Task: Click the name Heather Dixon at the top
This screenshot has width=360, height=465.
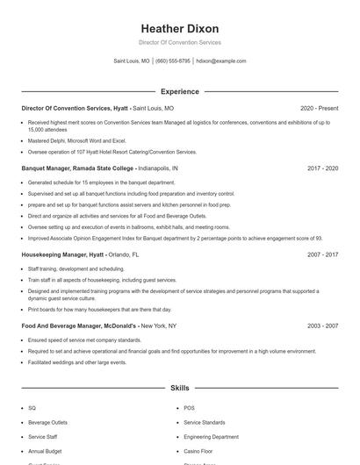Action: [x=179, y=28]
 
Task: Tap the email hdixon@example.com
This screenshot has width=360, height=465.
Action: [x=221, y=61]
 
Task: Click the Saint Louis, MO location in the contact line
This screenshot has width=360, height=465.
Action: [x=132, y=61]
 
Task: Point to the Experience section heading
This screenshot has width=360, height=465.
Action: [x=179, y=91]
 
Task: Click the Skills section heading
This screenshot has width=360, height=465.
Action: [x=179, y=387]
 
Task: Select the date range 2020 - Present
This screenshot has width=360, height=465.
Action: [x=319, y=109]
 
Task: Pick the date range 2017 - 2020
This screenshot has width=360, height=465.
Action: [x=322, y=168]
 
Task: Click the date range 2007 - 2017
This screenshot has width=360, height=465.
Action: [x=322, y=254]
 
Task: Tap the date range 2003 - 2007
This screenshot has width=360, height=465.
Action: [x=322, y=325]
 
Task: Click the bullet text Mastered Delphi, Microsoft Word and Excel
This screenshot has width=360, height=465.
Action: [x=77, y=140]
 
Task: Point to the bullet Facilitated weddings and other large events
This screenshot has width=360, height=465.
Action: [x=77, y=361]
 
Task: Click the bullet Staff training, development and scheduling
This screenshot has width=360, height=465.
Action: [x=76, y=268]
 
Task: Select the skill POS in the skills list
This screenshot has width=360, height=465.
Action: [x=189, y=408]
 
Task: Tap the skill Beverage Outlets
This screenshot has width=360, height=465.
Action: [x=47, y=422]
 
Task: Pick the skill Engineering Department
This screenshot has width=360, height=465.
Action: [x=211, y=436]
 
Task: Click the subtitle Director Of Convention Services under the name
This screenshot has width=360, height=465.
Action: [x=179, y=42]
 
